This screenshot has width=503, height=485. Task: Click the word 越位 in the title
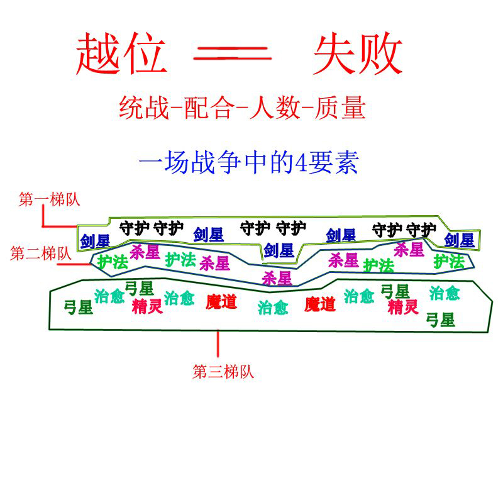click(x=121, y=55)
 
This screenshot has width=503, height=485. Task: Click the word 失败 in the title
click(x=357, y=55)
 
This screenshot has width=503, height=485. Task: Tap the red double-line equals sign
click(x=233, y=55)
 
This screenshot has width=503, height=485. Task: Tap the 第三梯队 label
click(x=223, y=372)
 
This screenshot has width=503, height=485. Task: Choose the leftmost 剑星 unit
click(x=94, y=240)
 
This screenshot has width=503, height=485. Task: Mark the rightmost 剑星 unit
click(x=459, y=240)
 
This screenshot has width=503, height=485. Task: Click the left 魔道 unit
click(x=221, y=302)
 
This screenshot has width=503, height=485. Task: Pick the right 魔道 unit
click(x=320, y=305)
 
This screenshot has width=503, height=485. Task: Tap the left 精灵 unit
click(x=147, y=306)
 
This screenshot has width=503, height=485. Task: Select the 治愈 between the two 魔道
click(x=273, y=308)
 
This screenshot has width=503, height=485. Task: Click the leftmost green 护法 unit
click(x=113, y=262)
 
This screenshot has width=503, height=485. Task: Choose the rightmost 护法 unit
click(x=449, y=261)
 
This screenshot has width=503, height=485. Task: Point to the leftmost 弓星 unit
click(x=79, y=308)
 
